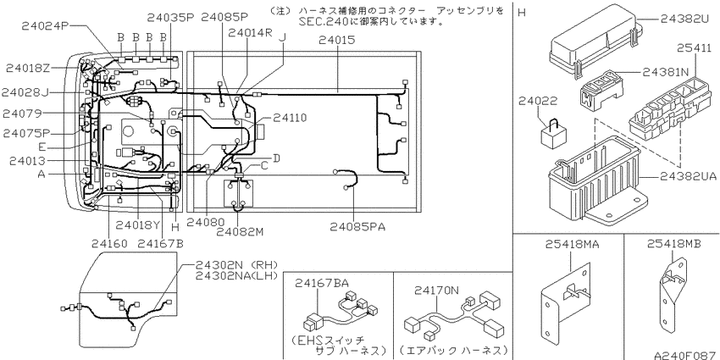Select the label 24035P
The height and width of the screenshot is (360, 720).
(x=170, y=16)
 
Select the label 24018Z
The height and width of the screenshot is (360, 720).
(x=27, y=68)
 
